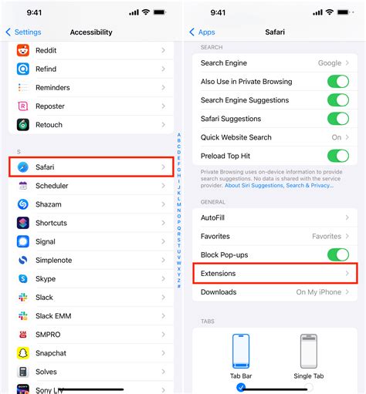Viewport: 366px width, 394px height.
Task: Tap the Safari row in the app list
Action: (91, 167)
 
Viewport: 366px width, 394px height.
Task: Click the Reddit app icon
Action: (23, 50)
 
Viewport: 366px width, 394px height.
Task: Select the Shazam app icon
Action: (23, 204)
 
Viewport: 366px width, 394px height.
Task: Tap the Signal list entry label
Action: (46, 241)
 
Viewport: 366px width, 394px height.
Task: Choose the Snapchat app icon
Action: (23, 353)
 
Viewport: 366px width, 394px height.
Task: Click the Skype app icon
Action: (23, 278)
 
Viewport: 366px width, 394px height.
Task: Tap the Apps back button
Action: (202, 32)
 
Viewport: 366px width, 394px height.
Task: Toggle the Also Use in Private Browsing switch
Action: (337, 82)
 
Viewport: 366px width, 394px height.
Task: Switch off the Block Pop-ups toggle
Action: (337, 255)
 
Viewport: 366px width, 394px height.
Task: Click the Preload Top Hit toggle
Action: (337, 156)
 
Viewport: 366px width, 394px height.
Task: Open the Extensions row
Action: (274, 274)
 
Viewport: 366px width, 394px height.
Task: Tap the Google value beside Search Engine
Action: (329, 63)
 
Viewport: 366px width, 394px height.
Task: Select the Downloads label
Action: (219, 292)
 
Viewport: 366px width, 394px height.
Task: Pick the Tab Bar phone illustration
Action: (241, 352)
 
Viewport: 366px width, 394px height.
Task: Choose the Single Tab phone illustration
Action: (309, 352)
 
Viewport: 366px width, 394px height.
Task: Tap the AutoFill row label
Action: (212, 218)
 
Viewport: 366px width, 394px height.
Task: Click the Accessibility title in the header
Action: (91, 32)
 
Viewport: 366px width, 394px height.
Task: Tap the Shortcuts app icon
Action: (23, 223)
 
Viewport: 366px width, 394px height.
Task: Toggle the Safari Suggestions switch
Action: (337, 119)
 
